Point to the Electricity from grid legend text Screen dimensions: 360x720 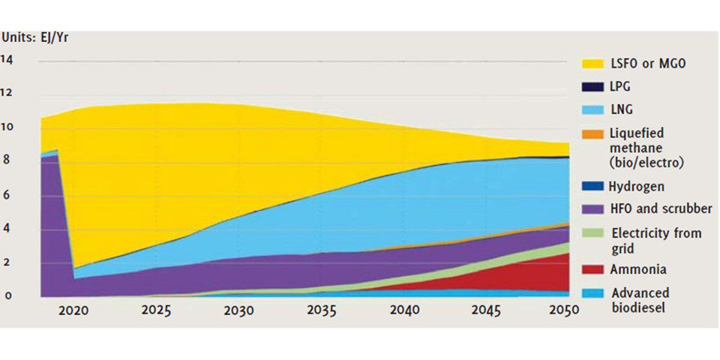(656, 240)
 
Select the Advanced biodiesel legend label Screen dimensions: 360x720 (640, 300)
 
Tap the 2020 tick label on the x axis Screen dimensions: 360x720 (74, 310)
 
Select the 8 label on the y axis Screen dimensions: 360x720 (7, 160)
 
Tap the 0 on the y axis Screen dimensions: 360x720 (7, 295)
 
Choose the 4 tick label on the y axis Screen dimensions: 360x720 (7, 229)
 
